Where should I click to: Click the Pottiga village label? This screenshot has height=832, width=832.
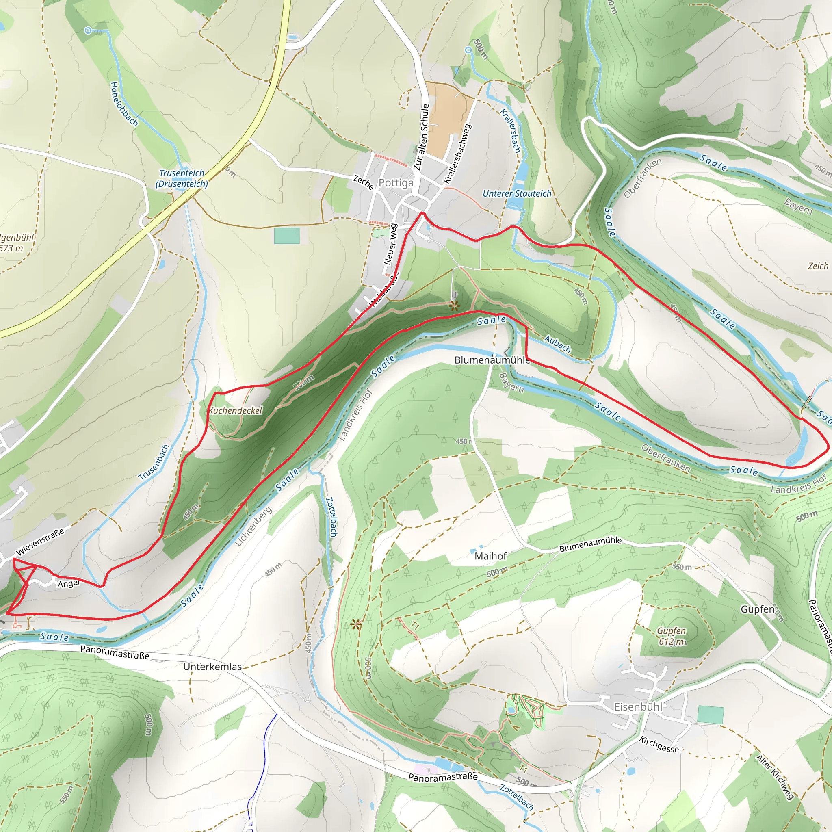(396, 183)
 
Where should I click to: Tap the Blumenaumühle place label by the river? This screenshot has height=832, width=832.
(492, 360)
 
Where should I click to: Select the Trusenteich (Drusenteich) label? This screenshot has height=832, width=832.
(182, 178)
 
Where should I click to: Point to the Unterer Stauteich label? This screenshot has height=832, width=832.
(517, 194)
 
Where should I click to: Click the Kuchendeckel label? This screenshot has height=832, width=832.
(236, 410)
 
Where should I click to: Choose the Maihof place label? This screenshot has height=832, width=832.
(490, 556)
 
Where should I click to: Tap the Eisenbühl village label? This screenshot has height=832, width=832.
(638, 707)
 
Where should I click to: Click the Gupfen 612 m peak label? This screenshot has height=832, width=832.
(672, 636)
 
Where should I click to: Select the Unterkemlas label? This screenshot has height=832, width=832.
(212, 667)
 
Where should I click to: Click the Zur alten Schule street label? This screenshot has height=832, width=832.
(422, 137)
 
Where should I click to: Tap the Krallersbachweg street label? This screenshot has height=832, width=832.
(458, 154)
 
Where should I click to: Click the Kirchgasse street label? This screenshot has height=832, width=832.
(659, 744)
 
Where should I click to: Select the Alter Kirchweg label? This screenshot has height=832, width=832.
(775, 777)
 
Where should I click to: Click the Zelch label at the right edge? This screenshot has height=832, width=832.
(818, 266)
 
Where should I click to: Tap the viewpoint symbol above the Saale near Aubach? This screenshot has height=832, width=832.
(454, 306)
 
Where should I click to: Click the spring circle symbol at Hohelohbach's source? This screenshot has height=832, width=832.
(88, 30)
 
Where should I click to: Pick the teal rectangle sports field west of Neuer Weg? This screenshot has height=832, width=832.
(286, 236)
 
